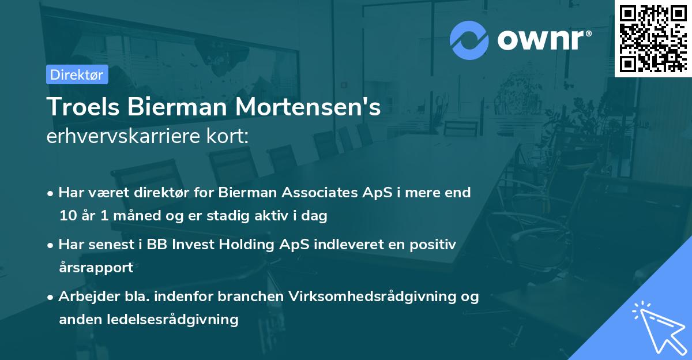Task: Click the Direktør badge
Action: (x=77, y=74)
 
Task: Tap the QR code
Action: (x=653, y=38)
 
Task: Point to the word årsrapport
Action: (x=96, y=268)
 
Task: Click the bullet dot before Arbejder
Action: (x=51, y=297)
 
